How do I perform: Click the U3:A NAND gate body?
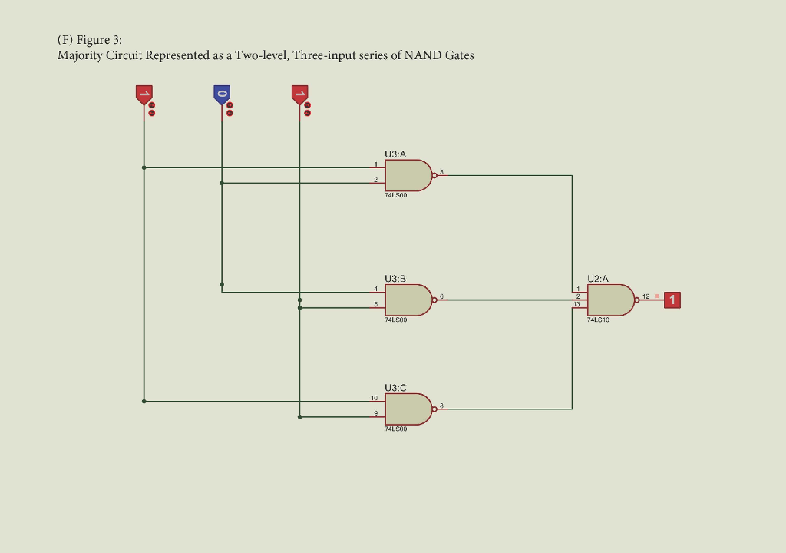407,175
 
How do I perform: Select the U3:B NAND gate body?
407,300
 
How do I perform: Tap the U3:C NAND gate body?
407,409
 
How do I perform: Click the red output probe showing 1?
672,300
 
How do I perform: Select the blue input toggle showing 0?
222,95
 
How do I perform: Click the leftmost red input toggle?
144,95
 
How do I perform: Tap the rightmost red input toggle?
299,95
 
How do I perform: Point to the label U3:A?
395,154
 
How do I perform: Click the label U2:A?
598,278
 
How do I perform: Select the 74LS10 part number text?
598,320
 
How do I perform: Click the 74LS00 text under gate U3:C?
396,429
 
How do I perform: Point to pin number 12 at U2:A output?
646,296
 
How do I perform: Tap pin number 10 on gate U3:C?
374,398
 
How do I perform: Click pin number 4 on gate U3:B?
375,289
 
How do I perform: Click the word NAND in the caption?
424,55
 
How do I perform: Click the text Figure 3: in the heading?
99,40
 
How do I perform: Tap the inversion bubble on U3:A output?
434,175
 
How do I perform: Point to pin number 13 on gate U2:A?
577,305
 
